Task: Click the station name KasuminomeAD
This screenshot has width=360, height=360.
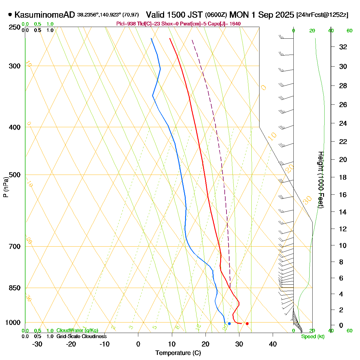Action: pos(44,15)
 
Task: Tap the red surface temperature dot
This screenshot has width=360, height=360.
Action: pos(247,323)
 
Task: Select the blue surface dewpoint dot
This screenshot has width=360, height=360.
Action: pos(229,323)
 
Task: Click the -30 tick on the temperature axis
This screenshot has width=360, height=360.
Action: pos(37,344)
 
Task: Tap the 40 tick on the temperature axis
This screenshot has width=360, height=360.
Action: pos(273,344)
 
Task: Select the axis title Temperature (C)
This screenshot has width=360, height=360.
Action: pos(178,353)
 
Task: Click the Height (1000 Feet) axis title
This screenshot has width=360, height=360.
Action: pos(321,180)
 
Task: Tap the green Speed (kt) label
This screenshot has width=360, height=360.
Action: pos(313,337)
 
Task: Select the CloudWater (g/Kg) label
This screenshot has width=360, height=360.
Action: pos(77,331)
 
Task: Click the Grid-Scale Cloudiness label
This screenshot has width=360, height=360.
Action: pos(81,337)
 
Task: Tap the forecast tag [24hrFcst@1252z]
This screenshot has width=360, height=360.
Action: pos(322,15)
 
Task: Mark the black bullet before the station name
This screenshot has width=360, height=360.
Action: pos(10,14)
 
